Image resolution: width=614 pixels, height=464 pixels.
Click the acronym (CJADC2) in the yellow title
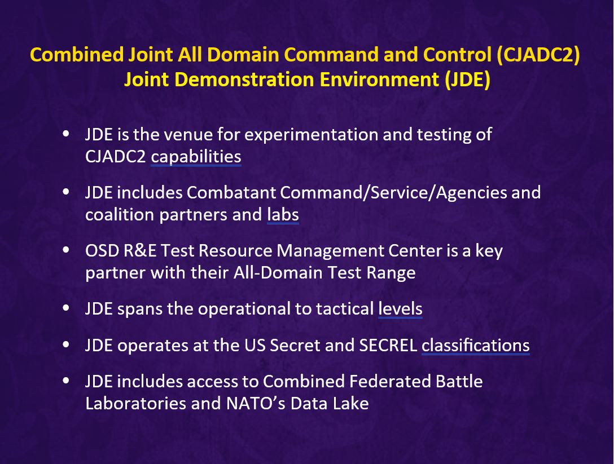click(x=538, y=55)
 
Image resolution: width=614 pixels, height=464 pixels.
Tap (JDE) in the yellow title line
click(x=467, y=80)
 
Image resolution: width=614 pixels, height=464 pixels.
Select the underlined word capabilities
click(x=196, y=157)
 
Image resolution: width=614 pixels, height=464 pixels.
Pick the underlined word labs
click(x=283, y=214)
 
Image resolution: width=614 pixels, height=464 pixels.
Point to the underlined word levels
click(x=400, y=309)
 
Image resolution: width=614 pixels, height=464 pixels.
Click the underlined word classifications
click(x=475, y=345)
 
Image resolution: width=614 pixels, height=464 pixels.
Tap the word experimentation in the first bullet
click(x=312, y=135)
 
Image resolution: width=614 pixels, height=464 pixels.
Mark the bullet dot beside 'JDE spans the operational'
click(x=66, y=308)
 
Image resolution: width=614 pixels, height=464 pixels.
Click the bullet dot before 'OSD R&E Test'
click(x=66, y=250)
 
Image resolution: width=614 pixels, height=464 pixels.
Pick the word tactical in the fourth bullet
click(x=345, y=309)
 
